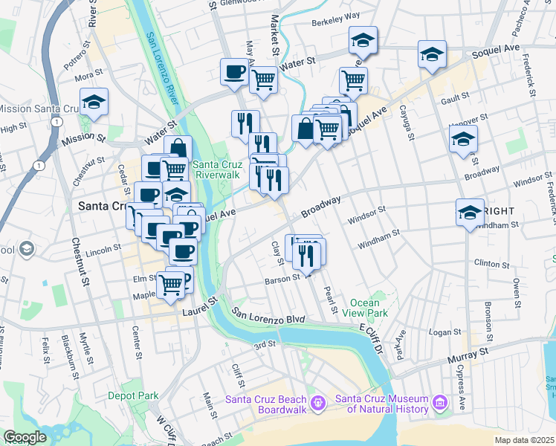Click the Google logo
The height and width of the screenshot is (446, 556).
[25, 438]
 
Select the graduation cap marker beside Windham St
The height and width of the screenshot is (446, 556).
[469, 213]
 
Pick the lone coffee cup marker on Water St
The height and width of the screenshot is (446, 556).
[234, 73]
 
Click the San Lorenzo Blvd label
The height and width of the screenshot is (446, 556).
[268, 315]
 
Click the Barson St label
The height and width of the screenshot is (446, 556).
[282, 280]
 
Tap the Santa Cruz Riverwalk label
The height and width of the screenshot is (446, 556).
[216, 169]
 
